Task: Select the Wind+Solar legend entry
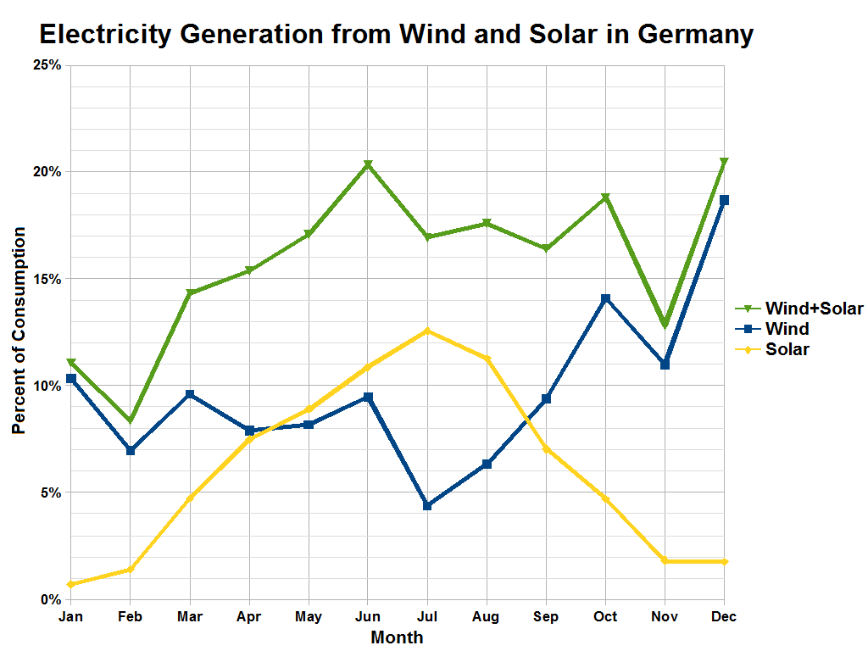pos(813,309)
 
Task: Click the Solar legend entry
pos(787,349)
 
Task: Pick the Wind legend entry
pos(786,329)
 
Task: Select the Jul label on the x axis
pos(427,617)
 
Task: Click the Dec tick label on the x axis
pos(724,617)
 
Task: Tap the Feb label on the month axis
pos(131,617)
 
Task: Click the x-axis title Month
pos(397,637)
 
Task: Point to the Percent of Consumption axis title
pos(19,331)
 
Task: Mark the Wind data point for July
pos(427,505)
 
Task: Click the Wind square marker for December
pos(724,200)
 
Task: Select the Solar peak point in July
pos(427,331)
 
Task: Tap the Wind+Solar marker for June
pos(368,165)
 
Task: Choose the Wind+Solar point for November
pos(665,325)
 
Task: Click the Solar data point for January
pos(71,584)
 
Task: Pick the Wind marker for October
pos(605,298)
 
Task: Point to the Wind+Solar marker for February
pos(131,421)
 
